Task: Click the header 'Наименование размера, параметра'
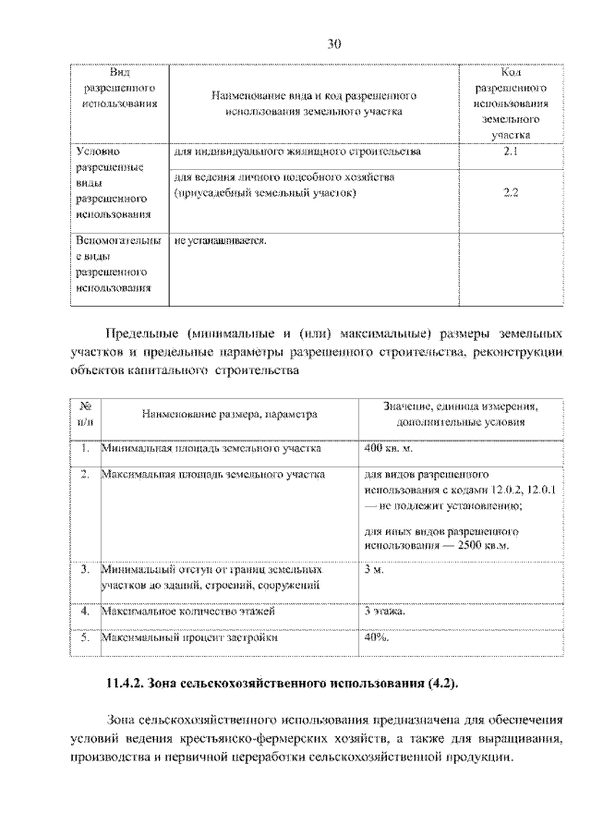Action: point(229,415)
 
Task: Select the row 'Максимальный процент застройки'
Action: point(189,636)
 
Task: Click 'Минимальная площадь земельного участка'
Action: point(211,448)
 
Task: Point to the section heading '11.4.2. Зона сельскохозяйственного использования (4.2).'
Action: point(282,684)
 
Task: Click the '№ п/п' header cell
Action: point(84,415)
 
